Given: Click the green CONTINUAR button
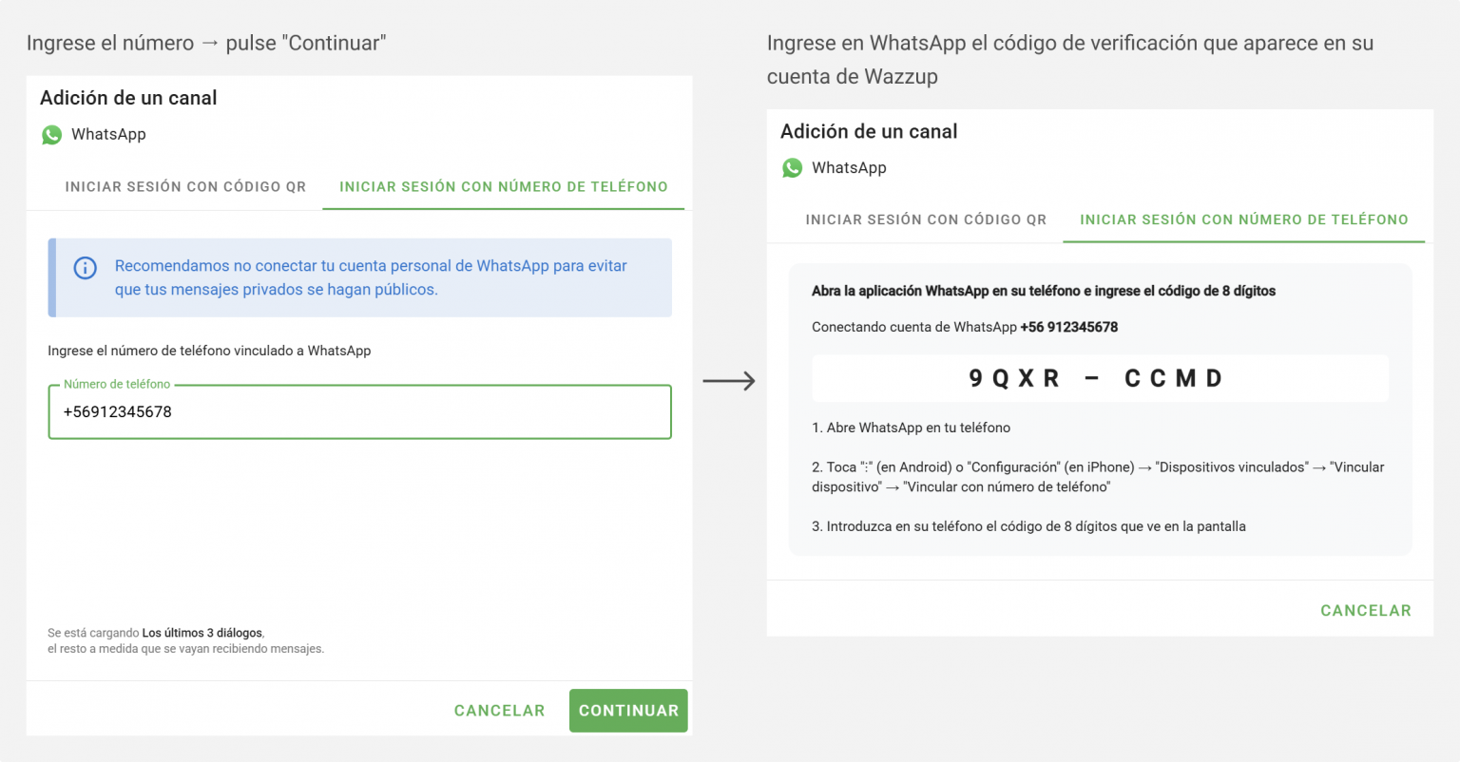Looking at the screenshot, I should point(628,711).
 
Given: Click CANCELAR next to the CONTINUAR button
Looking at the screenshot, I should point(499,711).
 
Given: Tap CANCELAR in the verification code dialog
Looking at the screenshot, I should point(1365,611).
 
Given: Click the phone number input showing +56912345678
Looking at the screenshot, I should point(359,412).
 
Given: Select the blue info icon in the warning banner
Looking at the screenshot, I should point(86,268).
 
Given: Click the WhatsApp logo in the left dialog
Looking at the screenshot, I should point(52,135).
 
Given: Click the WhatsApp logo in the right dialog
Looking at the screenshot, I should point(793,168).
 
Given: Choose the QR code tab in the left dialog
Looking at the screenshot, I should point(185,187).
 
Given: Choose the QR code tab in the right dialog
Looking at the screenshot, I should point(926,219).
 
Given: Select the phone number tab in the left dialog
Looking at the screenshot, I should point(504,187).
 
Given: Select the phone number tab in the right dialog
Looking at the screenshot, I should point(1243,219).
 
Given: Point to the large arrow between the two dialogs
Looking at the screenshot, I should point(729,381).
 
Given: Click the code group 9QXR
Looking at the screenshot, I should point(1014,379).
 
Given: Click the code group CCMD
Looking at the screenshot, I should point(1173,379).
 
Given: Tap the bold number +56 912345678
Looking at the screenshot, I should point(1068,327).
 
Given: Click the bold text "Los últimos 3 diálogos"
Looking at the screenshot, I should point(202,633).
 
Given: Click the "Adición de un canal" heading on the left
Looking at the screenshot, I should point(128,98).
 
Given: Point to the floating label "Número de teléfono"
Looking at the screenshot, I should point(117,385).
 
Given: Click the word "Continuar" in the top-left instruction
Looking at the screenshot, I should point(335,43).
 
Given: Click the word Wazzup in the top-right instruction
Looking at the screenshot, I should point(901,77).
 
